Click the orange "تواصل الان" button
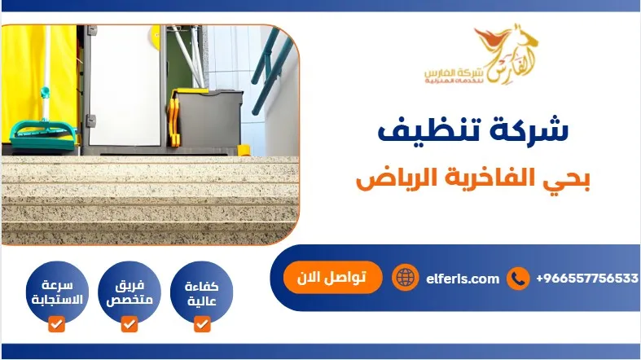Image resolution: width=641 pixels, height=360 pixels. click(x=324, y=278)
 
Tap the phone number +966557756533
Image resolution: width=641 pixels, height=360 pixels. click(x=586, y=279)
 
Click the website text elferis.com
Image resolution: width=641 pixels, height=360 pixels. click(x=462, y=279)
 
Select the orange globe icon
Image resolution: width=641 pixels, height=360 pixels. click(x=404, y=279)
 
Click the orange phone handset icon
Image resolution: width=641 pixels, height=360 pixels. click(x=518, y=279)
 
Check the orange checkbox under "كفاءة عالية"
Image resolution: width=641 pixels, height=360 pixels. click(x=203, y=325)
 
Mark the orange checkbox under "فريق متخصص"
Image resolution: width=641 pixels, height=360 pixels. click(x=129, y=325)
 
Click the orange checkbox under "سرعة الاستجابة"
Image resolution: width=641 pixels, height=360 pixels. click(x=55, y=325)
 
